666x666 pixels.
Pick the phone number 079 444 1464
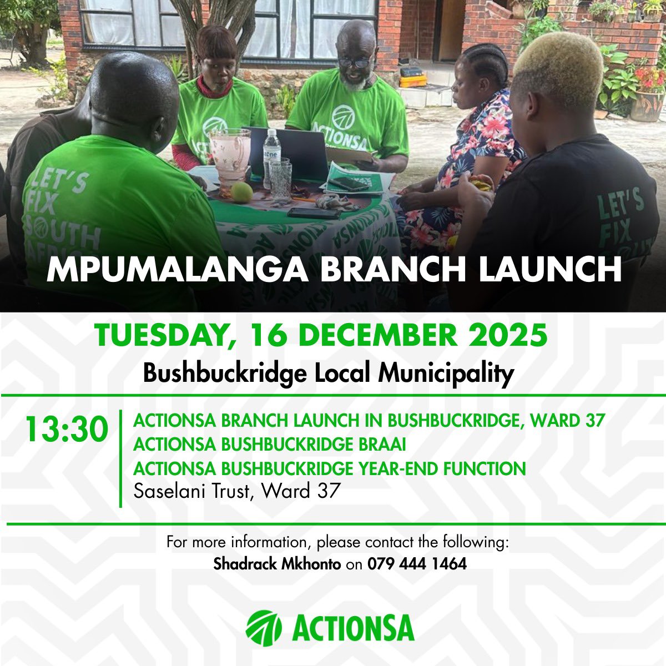pos(417,564)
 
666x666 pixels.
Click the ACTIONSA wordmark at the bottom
pos(352,626)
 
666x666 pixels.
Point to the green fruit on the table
pos(241,193)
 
